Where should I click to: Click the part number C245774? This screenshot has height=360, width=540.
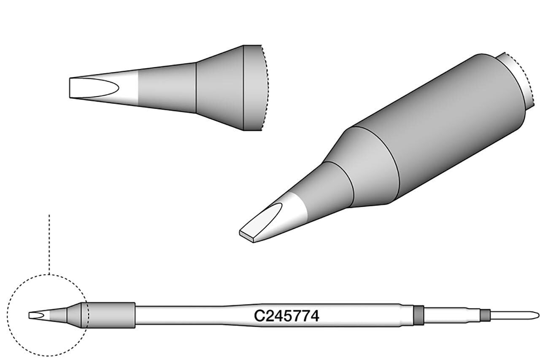tap(286, 316)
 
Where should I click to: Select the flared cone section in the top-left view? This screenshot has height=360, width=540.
tap(219, 88)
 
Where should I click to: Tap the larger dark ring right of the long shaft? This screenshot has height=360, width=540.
tap(418, 315)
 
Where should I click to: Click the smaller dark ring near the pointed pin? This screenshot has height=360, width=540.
tap(485, 315)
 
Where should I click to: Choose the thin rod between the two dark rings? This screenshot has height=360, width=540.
tap(451, 315)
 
